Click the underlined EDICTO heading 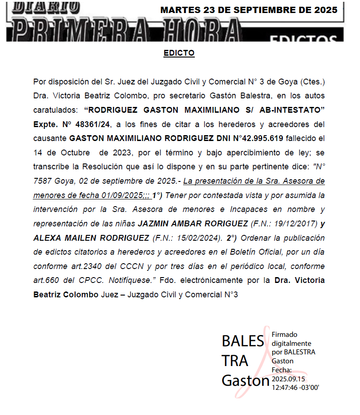pyautogui.click(x=179, y=53)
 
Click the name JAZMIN pyautogui.click(x=155, y=224)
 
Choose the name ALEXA pyautogui.click(x=46, y=238)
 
